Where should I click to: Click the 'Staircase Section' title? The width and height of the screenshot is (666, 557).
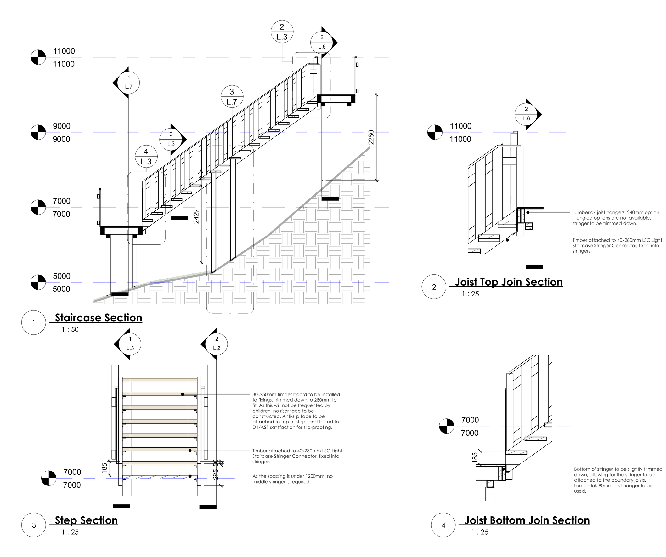98,318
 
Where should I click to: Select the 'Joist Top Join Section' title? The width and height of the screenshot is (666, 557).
509,282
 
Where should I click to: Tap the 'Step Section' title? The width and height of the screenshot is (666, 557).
86,520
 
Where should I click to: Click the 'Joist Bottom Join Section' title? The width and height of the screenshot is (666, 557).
527,520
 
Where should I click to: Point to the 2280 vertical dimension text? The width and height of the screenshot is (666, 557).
371,137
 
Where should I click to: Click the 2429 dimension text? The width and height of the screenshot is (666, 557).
196,216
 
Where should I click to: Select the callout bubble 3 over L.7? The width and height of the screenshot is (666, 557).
232,96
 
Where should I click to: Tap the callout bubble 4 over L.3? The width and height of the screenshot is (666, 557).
146,157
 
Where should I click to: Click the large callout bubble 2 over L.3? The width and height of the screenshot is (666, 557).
282,32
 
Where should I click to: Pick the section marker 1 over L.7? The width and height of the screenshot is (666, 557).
128,82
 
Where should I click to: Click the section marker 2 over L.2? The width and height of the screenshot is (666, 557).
217,343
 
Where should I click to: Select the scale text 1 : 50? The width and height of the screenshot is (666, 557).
70,330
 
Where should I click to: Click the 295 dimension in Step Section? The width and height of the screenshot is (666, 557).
216,474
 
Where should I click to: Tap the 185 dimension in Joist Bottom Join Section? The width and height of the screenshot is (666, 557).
475,457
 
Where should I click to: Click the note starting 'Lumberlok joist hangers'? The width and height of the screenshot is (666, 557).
616,218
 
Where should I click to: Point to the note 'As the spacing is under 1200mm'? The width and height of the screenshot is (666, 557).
292,479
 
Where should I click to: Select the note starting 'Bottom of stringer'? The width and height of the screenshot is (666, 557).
618,480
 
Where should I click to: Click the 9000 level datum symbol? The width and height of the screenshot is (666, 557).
38,132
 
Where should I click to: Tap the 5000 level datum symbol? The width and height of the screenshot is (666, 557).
38,282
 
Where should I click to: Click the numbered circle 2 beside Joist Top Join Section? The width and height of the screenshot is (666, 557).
434,287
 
